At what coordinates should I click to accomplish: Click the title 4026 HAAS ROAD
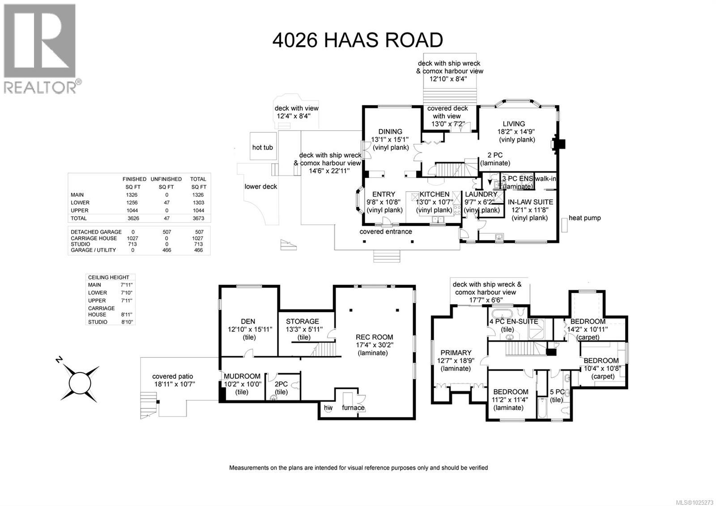tap(358, 40)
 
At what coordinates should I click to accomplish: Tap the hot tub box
tap(262, 147)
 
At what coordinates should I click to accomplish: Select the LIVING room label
tap(513, 124)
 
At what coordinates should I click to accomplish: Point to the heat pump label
tap(584, 218)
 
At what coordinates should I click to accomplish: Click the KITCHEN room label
tap(434, 194)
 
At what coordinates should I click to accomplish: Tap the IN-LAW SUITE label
tap(530, 202)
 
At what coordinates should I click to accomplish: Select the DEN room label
tap(248, 321)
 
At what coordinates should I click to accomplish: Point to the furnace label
tap(353, 407)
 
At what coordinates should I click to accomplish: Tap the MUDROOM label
tap(242, 376)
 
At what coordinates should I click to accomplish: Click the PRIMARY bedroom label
tap(456, 352)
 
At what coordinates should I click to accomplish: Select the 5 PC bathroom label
tap(557, 392)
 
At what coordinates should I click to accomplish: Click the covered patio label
tap(173, 376)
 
